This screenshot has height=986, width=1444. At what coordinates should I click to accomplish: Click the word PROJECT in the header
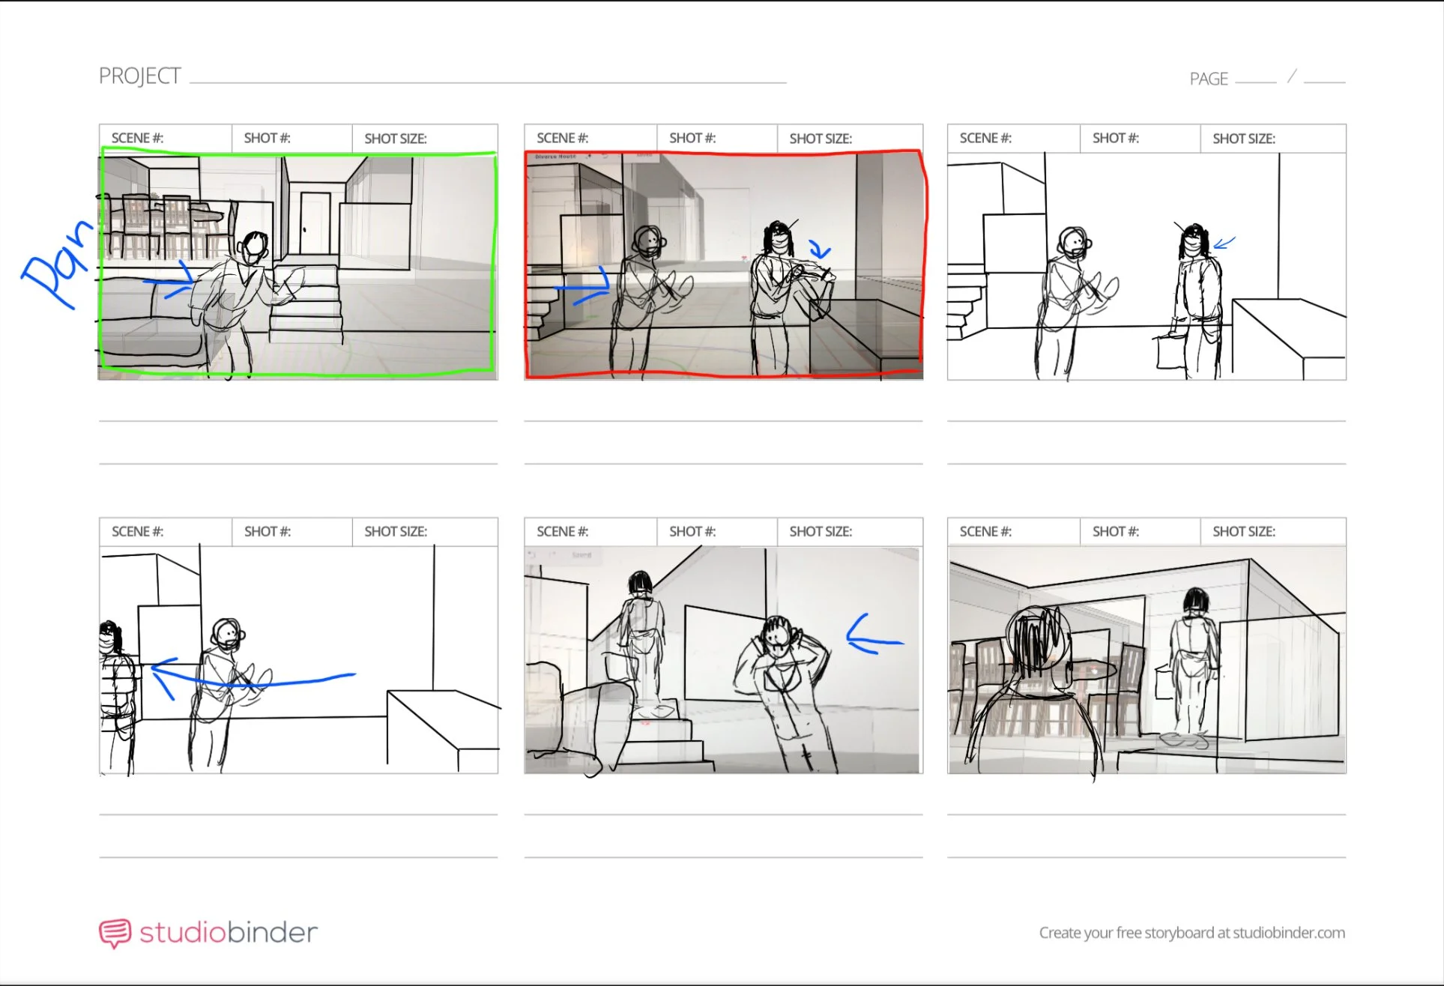tap(139, 76)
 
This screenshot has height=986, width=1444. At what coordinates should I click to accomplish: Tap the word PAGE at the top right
tap(1209, 79)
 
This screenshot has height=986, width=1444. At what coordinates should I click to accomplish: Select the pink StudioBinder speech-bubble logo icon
tap(115, 934)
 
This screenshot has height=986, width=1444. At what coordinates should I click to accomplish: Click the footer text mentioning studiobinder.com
tap(1191, 933)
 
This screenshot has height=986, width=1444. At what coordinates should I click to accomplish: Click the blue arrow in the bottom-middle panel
tap(874, 635)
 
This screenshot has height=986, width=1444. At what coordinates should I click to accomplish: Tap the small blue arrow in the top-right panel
tap(1224, 242)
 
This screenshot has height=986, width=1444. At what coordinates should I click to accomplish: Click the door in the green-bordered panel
tap(315, 223)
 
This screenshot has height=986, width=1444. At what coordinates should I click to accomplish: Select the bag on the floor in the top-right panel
tap(1171, 351)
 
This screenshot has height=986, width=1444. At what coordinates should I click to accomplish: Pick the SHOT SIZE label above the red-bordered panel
tap(821, 139)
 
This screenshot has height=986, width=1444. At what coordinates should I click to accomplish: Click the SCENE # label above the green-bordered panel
tap(137, 138)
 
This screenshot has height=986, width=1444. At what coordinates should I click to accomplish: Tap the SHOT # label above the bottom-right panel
tap(1115, 531)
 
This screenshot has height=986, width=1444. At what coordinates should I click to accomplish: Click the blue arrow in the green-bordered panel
tap(169, 280)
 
